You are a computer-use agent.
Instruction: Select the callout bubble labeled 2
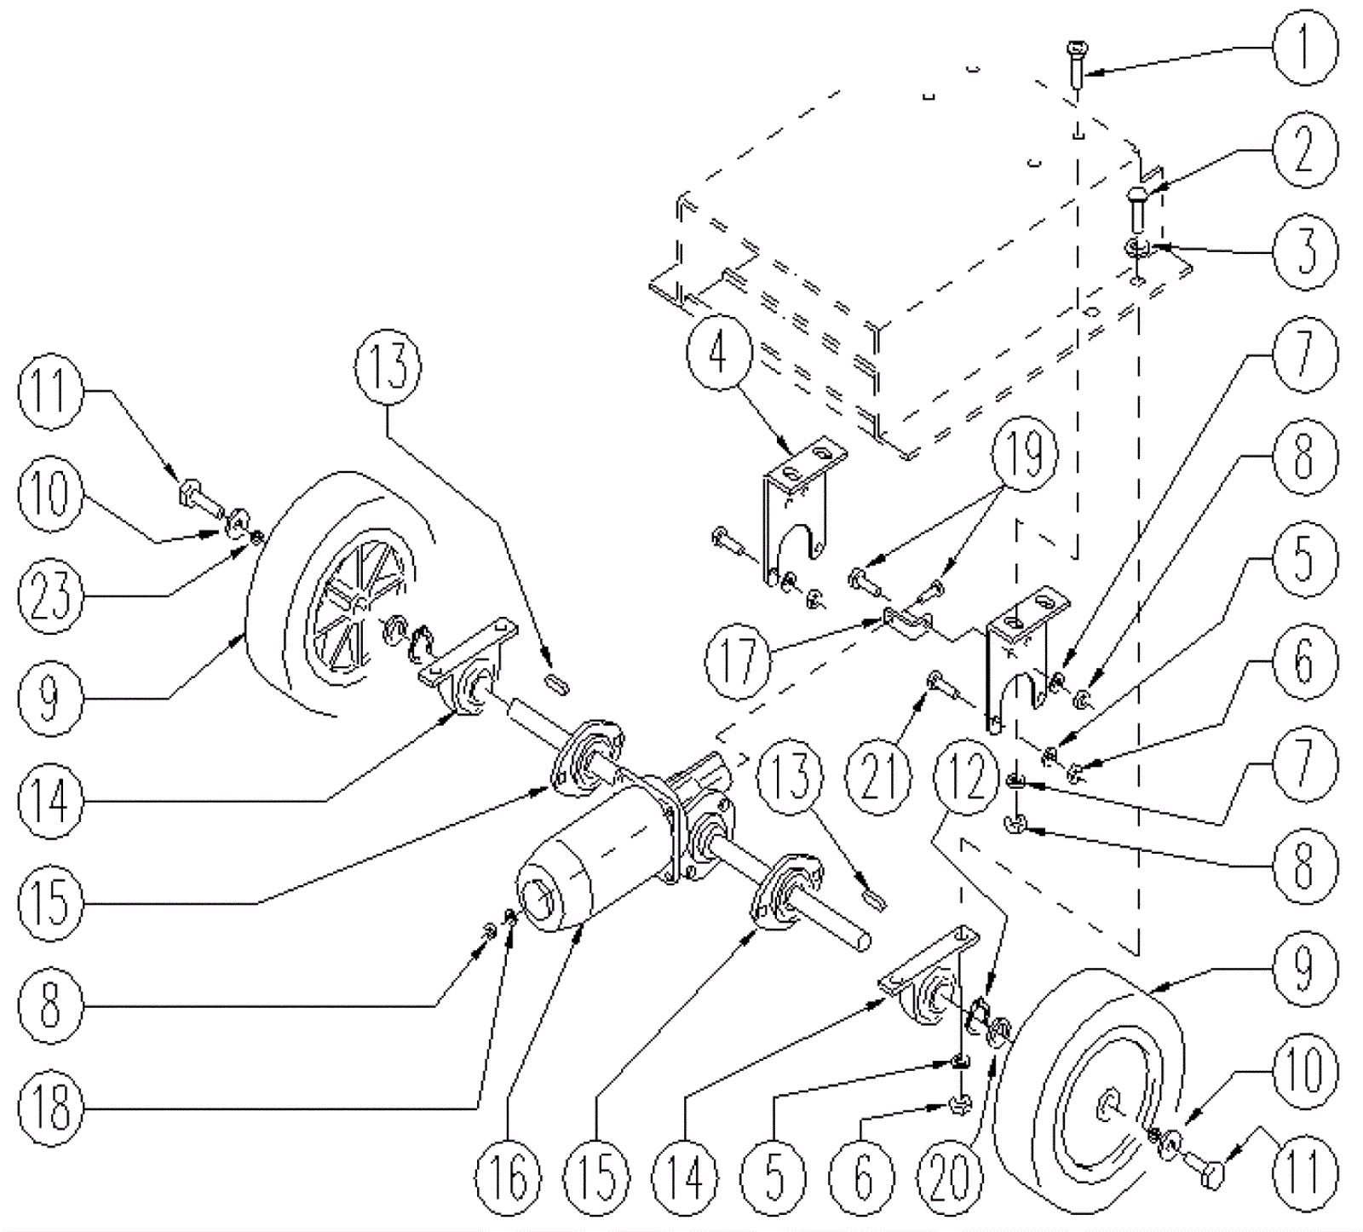tap(1304, 150)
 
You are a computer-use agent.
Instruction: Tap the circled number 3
tap(1304, 252)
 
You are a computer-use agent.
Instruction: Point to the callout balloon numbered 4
tap(718, 353)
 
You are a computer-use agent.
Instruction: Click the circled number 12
tap(966, 777)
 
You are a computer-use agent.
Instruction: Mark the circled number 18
tap(50, 1108)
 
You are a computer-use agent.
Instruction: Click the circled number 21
tap(880, 777)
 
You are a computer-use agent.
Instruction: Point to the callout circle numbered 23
tap(50, 594)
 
